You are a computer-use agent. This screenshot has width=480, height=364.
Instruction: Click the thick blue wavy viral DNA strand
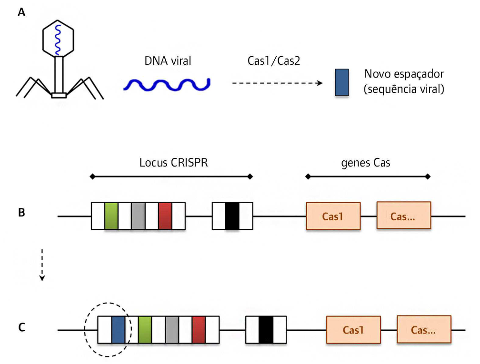167,84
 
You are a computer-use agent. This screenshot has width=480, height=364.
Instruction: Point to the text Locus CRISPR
174,163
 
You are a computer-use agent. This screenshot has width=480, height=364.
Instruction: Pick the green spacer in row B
111,216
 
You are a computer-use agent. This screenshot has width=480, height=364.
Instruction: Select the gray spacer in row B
138,216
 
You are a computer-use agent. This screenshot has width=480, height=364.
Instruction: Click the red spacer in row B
165,216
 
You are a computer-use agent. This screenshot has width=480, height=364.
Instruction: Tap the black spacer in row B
232,216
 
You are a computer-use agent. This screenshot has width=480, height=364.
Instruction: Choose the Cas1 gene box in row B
333,216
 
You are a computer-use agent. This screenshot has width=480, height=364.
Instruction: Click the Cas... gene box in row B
404,216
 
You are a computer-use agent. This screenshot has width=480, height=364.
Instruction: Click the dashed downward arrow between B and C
42,264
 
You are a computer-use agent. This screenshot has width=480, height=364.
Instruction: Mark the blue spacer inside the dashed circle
118,329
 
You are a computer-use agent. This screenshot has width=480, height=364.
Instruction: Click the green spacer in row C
145,329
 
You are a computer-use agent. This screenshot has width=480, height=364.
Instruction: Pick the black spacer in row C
266,329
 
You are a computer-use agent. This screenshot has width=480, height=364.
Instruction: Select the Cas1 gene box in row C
353,329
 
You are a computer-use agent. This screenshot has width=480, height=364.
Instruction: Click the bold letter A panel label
21,13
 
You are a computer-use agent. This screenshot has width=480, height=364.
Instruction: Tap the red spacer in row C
199,329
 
